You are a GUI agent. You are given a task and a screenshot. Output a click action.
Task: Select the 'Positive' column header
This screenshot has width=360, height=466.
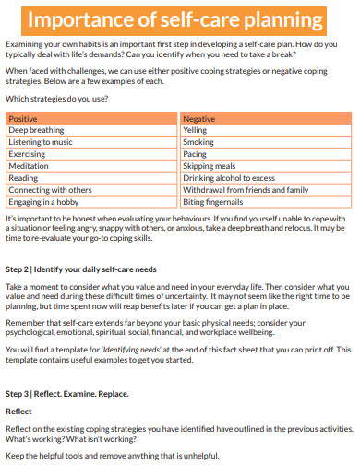point(23,119)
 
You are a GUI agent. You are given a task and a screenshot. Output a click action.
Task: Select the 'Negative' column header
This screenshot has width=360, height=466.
point(199,119)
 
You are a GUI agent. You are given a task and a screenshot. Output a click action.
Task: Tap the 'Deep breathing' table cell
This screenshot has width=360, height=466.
point(36,131)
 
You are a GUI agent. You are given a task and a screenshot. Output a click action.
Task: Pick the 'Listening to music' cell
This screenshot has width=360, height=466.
point(42,143)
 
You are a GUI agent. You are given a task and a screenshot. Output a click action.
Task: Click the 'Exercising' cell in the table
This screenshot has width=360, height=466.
point(28,155)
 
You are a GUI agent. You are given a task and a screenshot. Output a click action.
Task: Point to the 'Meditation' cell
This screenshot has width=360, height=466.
point(30,166)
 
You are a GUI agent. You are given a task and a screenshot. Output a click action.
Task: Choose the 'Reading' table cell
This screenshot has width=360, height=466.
point(23,178)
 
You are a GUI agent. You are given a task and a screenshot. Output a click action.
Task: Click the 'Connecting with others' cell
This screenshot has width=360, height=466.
point(50,190)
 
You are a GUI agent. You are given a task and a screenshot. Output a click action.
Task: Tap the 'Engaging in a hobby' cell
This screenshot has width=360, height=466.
point(45,201)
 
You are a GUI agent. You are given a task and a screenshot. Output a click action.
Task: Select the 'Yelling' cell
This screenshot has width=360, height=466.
point(196,131)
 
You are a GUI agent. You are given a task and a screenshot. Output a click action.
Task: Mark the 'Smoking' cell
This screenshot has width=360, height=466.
point(198,143)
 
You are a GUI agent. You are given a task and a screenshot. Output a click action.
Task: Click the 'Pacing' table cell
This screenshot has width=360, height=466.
point(195,155)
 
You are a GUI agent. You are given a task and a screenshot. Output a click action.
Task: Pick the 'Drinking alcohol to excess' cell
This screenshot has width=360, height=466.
point(229,178)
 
